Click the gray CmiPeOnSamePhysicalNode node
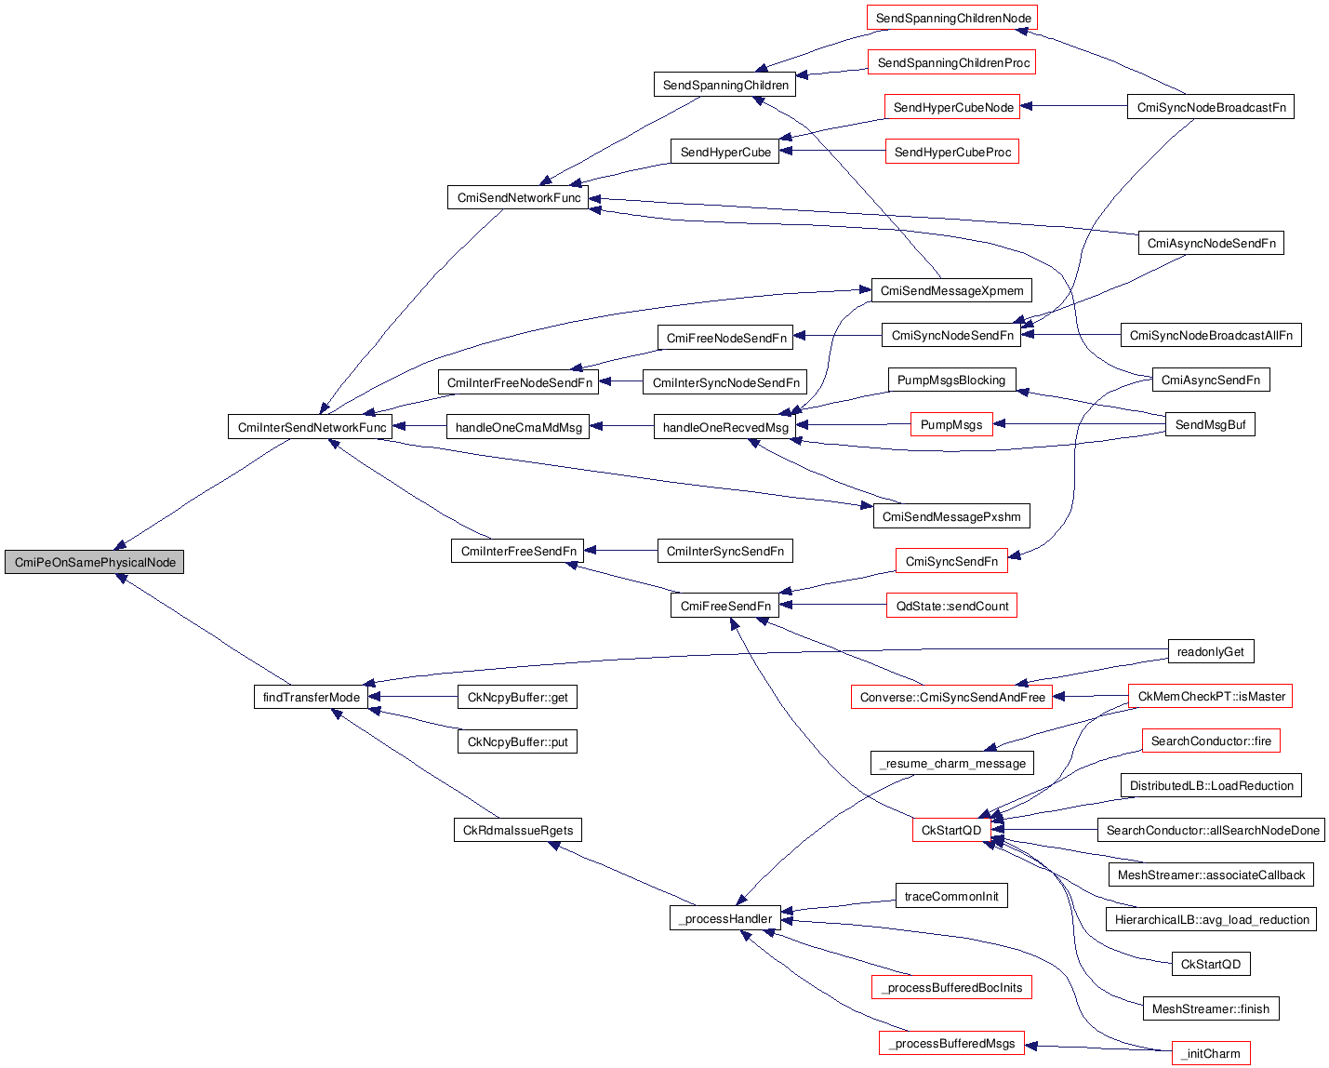click(94, 562)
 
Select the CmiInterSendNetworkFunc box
click(311, 427)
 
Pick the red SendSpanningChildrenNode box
click(952, 18)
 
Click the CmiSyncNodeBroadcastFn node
click(1211, 107)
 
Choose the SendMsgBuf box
click(1210, 424)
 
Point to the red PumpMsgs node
click(951, 424)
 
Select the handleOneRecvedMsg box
click(724, 427)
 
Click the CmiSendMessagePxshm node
click(950, 516)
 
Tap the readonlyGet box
click(1210, 651)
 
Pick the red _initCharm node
click(1211, 1053)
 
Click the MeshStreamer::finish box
click(1210, 1008)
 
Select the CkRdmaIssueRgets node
click(518, 830)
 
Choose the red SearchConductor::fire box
click(1211, 741)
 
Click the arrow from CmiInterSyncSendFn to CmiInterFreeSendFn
click(620, 551)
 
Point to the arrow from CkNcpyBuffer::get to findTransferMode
click(414, 697)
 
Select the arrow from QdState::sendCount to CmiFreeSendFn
click(832, 606)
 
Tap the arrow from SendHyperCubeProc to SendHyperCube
click(832, 152)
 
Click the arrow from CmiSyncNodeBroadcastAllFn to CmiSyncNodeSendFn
click(1070, 335)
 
